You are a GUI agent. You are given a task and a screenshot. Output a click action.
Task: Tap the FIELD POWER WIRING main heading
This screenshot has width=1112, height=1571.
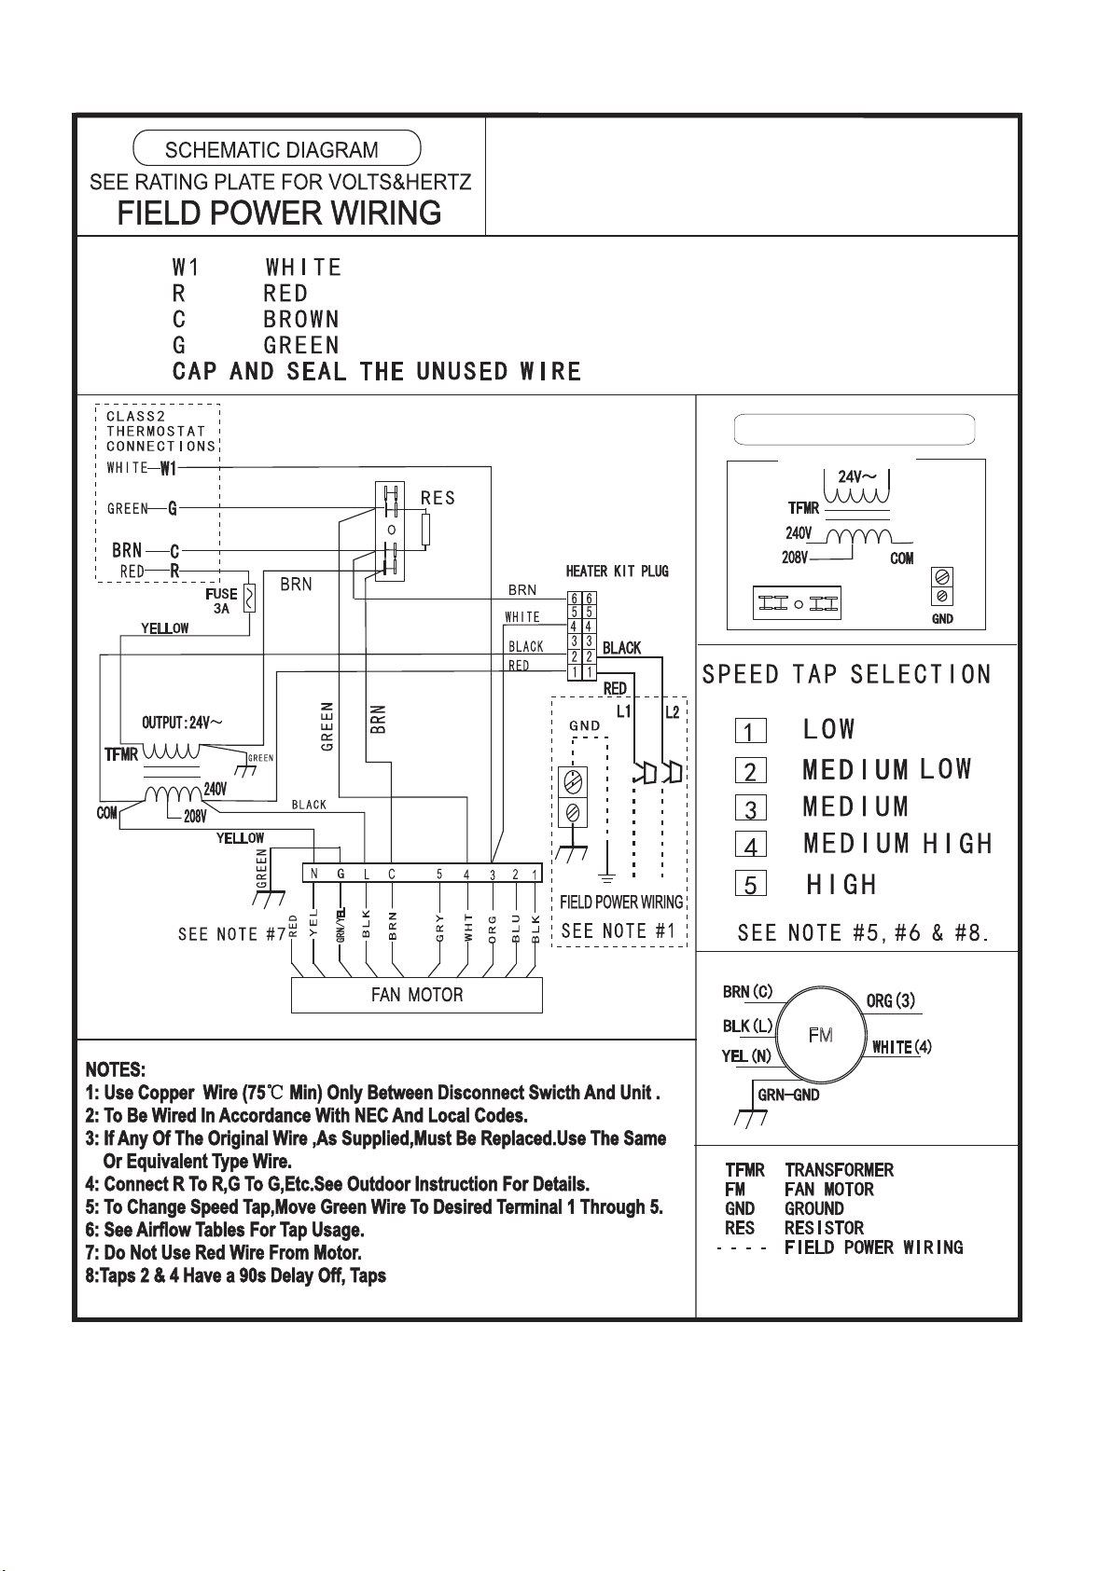tap(279, 214)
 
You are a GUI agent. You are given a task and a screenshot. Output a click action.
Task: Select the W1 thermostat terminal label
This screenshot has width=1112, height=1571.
tap(168, 468)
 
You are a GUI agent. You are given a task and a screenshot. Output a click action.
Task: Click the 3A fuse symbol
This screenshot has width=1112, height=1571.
tap(249, 599)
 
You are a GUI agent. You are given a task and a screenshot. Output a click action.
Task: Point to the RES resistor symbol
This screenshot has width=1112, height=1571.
tap(425, 530)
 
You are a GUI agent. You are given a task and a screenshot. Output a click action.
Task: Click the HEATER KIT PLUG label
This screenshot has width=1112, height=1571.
tap(617, 572)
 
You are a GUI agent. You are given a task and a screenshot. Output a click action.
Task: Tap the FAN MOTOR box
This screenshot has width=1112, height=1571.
tap(417, 995)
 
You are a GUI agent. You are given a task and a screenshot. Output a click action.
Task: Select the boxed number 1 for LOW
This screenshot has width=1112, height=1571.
tap(750, 731)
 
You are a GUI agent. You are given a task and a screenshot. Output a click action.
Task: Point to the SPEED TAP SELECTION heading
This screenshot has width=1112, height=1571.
tap(846, 675)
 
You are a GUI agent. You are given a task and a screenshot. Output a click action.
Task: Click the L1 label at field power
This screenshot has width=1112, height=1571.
tap(624, 712)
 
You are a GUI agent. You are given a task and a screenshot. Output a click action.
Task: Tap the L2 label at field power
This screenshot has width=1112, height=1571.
tap(672, 712)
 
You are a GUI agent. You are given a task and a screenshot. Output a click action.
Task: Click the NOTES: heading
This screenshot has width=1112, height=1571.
tap(116, 1069)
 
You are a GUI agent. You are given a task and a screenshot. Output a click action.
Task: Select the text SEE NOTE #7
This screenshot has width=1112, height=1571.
tap(232, 934)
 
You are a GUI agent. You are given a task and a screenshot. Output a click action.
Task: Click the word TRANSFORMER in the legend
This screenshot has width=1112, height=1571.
tap(839, 1170)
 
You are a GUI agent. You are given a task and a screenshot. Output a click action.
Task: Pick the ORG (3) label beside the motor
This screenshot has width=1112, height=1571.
tap(890, 1000)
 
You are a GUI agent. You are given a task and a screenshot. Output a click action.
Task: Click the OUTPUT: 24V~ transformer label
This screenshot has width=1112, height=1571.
tap(182, 723)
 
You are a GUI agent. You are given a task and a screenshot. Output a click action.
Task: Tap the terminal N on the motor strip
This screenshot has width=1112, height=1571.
tap(314, 874)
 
